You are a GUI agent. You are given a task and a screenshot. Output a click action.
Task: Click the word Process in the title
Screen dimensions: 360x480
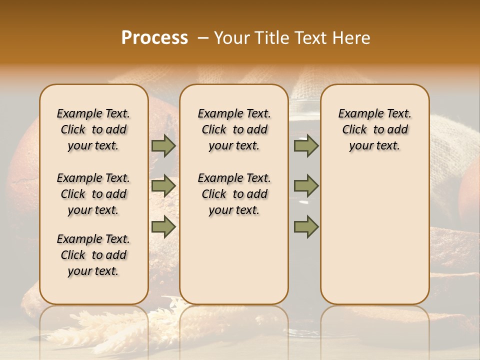click(x=154, y=37)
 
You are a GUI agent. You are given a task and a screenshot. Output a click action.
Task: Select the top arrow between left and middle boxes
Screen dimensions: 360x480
click(x=163, y=145)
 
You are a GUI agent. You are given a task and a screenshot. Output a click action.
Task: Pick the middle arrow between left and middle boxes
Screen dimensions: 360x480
click(x=163, y=186)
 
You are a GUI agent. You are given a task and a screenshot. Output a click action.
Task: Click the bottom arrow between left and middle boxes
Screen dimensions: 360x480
click(x=163, y=226)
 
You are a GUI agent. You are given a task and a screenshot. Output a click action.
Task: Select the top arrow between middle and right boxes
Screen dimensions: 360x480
click(x=306, y=145)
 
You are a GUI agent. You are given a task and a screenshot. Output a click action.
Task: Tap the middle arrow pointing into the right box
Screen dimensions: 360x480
click(x=306, y=186)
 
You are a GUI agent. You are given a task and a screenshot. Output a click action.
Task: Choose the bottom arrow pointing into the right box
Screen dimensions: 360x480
click(x=306, y=226)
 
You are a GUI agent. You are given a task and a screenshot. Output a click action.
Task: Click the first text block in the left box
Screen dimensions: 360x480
click(x=93, y=129)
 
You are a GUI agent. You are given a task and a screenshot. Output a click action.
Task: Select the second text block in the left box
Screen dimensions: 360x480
click(x=93, y=194)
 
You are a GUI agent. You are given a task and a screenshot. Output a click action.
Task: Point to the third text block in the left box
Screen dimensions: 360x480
click(x=93, y=255)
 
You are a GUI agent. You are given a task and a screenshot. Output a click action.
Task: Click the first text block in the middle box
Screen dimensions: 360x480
click(x=234, y=129)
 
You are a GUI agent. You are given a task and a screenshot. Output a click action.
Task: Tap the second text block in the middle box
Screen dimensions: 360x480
click(x=234, y=194)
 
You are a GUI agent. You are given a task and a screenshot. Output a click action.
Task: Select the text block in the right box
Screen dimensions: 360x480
click(x=375, y=129)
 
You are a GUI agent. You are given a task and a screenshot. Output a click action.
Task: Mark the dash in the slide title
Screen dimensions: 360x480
click(x=202, y=37)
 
